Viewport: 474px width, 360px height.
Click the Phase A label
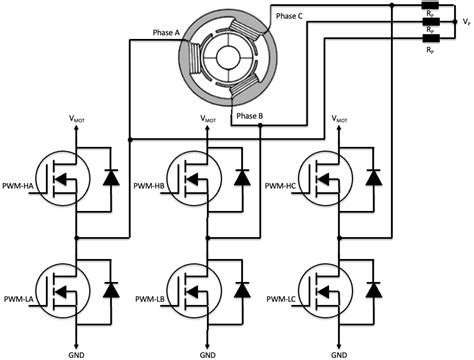tap(164, 32)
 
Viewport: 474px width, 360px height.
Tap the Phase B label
tap(249, 117)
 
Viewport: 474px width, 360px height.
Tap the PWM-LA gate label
tap(20, 300)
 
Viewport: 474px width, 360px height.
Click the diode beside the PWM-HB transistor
tap(241, 177)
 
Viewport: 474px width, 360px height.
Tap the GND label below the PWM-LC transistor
tap(342, 353)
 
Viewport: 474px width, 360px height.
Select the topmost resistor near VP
tap(429, 6)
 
